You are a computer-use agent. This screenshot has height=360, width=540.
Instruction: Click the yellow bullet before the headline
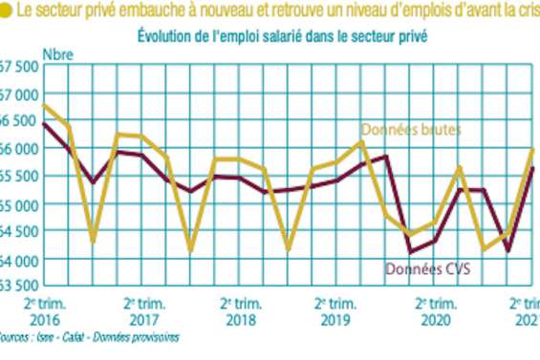point(7,11)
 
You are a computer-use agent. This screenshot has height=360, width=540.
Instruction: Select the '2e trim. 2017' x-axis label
point(143,310)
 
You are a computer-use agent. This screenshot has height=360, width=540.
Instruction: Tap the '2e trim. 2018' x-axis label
point(240,310)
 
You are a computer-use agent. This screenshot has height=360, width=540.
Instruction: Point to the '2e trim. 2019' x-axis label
point(337,310)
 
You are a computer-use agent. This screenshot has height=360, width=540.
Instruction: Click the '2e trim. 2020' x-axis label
point(435,310)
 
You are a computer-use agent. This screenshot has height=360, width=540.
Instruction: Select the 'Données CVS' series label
point(430,270)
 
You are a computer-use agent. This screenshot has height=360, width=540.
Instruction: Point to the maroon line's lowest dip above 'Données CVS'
point(410,252)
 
